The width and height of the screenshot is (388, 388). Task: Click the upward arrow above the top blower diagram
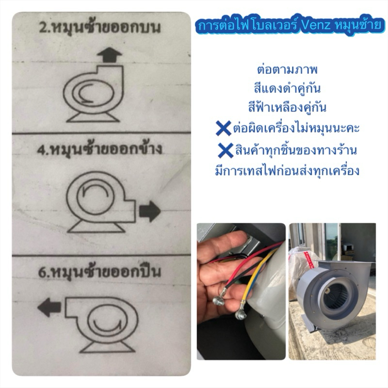(x=110, y=55)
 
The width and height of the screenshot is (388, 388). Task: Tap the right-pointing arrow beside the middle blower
(x=150, y=211)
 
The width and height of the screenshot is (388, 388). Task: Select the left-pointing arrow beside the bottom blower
(x=49, y=307)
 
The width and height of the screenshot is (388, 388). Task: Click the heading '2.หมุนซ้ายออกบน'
(x=100, y=28)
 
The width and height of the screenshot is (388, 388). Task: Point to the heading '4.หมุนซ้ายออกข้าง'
(x=99, y=149)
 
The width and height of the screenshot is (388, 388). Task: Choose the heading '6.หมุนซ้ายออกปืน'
(x=99, y=272)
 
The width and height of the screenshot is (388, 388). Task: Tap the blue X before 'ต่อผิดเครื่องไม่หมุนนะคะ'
(x=223, y=128)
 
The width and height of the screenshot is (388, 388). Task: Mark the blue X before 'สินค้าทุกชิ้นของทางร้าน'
(x=226, y=150)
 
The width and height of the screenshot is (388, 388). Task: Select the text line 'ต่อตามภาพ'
(x=287, y=70)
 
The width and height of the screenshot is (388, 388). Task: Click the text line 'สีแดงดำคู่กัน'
(x=287, y=89)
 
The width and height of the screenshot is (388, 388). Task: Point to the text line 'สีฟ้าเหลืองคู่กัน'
(x=287, y=107)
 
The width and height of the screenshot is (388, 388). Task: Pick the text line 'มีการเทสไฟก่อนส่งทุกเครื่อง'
(x=287, y=171)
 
